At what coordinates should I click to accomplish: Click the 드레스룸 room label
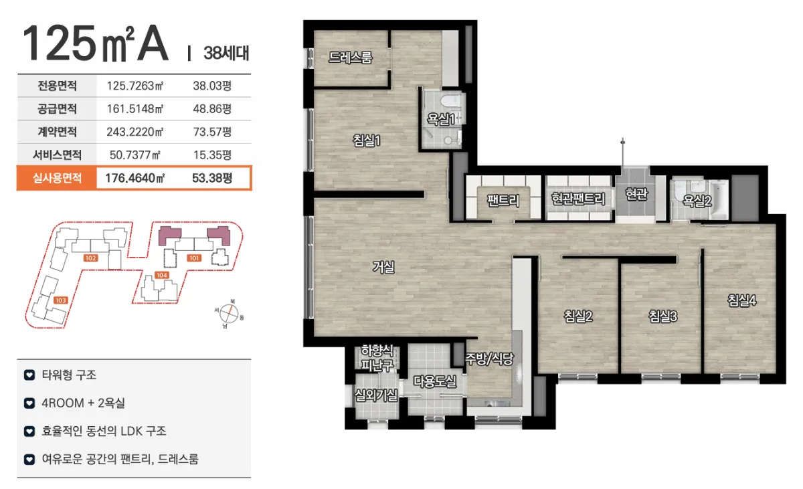[351, 58]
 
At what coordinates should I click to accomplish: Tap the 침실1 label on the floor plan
[367, 140]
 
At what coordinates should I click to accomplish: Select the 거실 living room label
[383, 267]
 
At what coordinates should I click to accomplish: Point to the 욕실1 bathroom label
[440, 119]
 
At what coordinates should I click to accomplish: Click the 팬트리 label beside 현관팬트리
[503, 200]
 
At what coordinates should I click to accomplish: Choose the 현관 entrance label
[636, 194]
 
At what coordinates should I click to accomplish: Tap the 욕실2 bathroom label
[697, 201]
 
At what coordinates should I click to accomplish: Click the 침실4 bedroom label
[741, 300]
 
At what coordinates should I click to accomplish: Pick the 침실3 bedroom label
[663, 316]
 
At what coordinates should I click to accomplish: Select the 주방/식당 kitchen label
[489, 359]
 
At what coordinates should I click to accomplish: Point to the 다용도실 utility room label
[435, 381]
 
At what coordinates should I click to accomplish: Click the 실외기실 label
[376, 395]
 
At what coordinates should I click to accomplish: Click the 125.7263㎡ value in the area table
[135, 86]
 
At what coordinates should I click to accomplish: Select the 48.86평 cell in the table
[212, 109]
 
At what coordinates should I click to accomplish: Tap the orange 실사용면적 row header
[57, 178]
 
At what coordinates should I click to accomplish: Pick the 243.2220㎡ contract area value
[135, 132]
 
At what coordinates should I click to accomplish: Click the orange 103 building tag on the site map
[60, 300]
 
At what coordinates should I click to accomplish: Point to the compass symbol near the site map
[229, 314]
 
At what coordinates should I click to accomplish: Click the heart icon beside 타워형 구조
[29, 375]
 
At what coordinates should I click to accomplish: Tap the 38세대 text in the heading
[226, 53]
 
